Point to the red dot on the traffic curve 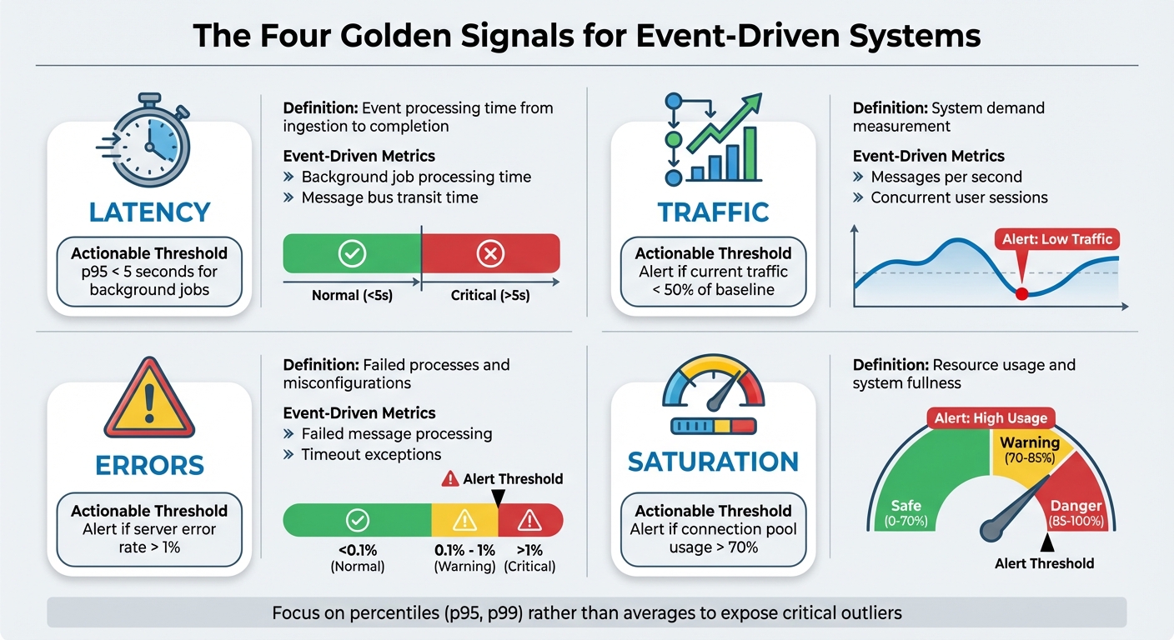tap(1021, 292)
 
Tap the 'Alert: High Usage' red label tap(991, 417)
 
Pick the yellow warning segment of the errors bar tap(464, 521)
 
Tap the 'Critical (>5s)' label tap(490, 295)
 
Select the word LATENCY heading tap(149, 212)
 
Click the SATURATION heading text tap(713, 462)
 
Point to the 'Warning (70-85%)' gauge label tap(1030, 451)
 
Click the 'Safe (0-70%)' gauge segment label tap(906, 512)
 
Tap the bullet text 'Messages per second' tap(946, 177)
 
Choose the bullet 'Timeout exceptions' tap(371, 454)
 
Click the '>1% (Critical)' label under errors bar tap(529, 557)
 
